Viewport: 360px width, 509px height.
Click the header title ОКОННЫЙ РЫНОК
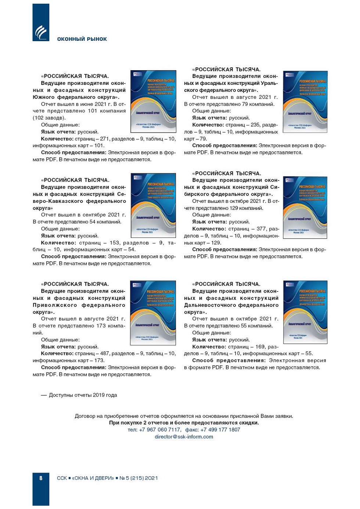[82, 39]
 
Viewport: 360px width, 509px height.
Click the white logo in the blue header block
[41, 32]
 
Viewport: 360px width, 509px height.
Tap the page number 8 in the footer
[41, 478]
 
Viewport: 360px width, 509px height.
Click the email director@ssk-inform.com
[184, 437]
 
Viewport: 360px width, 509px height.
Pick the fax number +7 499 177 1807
[220, 430]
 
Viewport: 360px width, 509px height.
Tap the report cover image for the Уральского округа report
[305, 102]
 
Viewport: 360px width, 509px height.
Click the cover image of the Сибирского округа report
[305, 208]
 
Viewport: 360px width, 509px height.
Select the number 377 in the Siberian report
[261, 229]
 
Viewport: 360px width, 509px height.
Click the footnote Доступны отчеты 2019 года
[83, 395]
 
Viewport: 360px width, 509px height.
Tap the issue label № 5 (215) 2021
[138, 478]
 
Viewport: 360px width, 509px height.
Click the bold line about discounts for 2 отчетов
[184, 423]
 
